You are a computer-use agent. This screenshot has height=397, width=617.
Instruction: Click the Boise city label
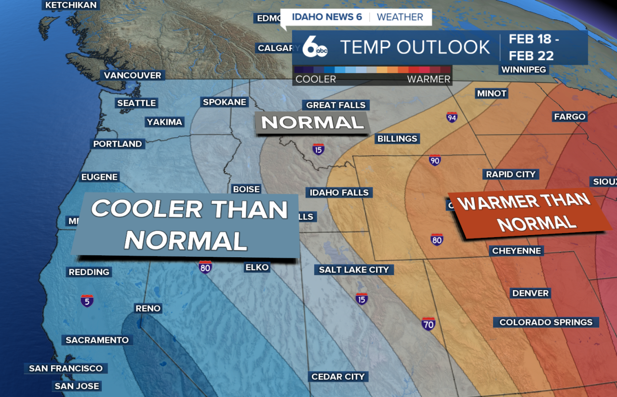click(246, 189)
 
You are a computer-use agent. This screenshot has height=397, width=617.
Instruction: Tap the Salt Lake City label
click(354, 270)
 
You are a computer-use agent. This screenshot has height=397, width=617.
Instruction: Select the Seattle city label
click(136, 103)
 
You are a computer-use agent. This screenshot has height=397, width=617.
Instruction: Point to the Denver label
click(530, 293)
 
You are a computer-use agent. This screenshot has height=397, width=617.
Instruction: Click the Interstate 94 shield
click(452, 117)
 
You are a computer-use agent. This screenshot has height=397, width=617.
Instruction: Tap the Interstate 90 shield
click(435, 160)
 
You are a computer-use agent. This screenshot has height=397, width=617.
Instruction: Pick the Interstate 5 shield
click(87, 301)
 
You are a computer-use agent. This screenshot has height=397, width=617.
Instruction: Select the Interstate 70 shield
click(428, 323)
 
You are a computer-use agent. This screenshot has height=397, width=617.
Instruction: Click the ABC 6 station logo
click(315, 47)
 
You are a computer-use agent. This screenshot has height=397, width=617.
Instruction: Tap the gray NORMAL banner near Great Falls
click(312, 122)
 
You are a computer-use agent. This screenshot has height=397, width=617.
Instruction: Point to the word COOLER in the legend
click(316, 79)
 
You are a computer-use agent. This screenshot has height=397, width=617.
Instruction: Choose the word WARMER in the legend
click(429, 79)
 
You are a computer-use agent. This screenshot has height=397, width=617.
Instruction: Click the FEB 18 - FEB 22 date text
click(532, 47)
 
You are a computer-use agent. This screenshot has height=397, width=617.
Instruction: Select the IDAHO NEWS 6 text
click(327, 17)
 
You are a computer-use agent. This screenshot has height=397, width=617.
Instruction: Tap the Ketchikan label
click(71, 5)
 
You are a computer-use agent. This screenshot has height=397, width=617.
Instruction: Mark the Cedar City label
click(338, 377)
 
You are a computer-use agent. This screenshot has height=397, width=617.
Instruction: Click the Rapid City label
click(510, 174)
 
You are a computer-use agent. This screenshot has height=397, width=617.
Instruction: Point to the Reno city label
click(148, 308)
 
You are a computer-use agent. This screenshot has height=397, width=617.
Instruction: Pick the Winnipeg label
click(523, 70)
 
